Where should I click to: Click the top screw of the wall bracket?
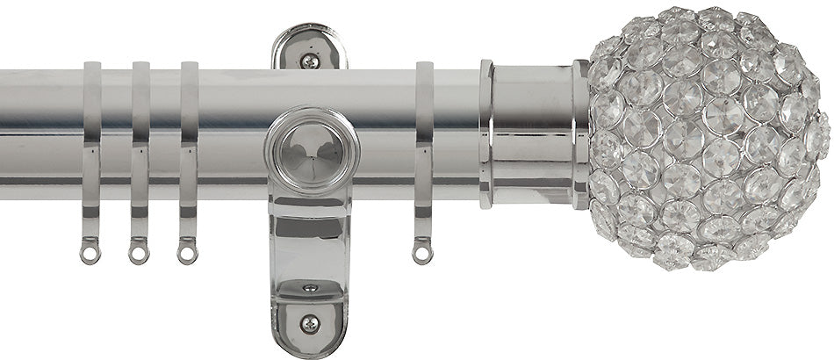point(309,60)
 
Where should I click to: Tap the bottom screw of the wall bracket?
point(309,324)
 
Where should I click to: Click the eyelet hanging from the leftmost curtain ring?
point(88,254)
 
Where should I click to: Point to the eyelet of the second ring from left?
point(138,254)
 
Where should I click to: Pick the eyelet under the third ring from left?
point(186,254)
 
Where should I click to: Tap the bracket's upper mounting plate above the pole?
point(310,48)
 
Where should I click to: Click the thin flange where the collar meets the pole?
point(485,132)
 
